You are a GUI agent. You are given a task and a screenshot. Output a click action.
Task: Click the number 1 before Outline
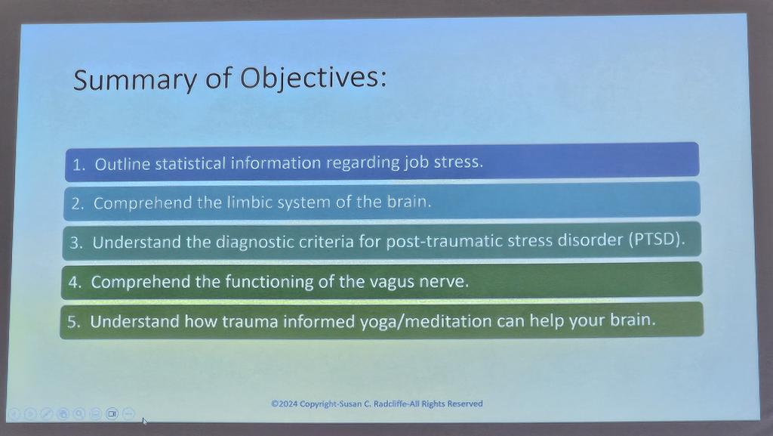(77, 165)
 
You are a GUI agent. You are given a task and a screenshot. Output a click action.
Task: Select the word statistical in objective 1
(190, 163)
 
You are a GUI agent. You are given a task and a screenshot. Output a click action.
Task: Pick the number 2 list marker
(76, 204)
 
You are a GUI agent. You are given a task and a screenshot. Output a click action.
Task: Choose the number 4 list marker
(75, 283)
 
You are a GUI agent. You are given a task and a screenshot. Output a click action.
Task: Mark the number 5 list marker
(72, 322)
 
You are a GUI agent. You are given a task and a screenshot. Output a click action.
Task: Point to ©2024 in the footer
(285, 404)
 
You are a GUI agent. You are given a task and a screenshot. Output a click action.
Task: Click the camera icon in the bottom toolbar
(112, 413)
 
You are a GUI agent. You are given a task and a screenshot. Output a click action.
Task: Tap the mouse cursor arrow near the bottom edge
(144, 421)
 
